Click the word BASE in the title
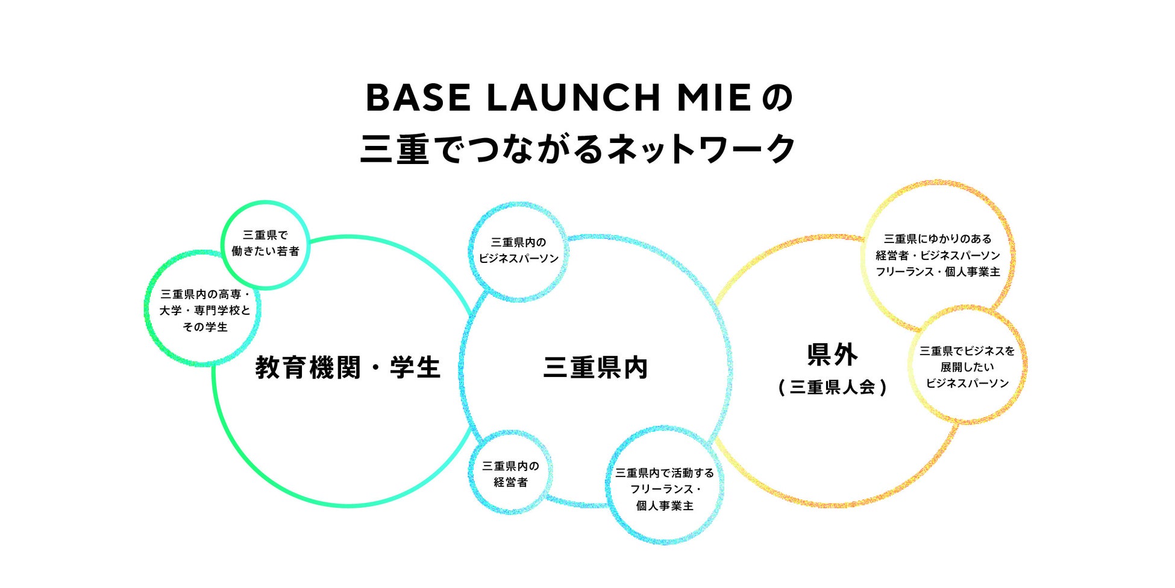pos(418,98)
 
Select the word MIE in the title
pos(713,98)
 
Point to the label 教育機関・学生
pos(348,367)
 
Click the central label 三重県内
pos(595,367)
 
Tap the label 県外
pos(832,355)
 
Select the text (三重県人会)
pos(832,387)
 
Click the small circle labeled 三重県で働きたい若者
pos(265,244)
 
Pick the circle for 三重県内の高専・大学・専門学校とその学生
pos(205,310)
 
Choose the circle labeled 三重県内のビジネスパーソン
pos(518,250)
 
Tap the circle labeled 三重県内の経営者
pos(510,474)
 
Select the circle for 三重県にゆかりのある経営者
pos(938,255)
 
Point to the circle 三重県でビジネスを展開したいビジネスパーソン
pos(967,367)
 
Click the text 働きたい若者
pos(265,251)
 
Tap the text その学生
pos(205,327)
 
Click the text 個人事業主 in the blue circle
pos(664,505)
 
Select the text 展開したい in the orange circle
pos(967,367)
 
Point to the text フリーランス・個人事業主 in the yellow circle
pos(938,272)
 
